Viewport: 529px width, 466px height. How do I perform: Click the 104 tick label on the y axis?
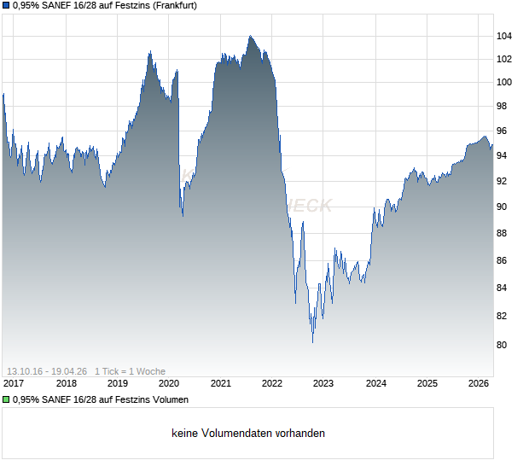504,36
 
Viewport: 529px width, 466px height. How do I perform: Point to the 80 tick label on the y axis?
504,345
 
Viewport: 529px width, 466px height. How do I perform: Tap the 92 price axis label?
504,181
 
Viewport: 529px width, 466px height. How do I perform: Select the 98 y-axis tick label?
504,107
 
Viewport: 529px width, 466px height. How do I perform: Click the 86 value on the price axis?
504,260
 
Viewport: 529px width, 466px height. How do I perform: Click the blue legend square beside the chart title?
6,7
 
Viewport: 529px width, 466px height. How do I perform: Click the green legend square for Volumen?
6,399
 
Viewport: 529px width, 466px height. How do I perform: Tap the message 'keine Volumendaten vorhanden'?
248,433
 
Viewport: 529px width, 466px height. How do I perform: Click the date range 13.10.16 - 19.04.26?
47,371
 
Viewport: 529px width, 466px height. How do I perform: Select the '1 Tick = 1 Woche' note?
130,371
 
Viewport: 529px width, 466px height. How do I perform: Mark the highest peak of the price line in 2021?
250,36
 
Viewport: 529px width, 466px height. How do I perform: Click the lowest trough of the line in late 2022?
312,342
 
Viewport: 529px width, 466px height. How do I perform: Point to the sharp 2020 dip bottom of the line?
182,215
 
